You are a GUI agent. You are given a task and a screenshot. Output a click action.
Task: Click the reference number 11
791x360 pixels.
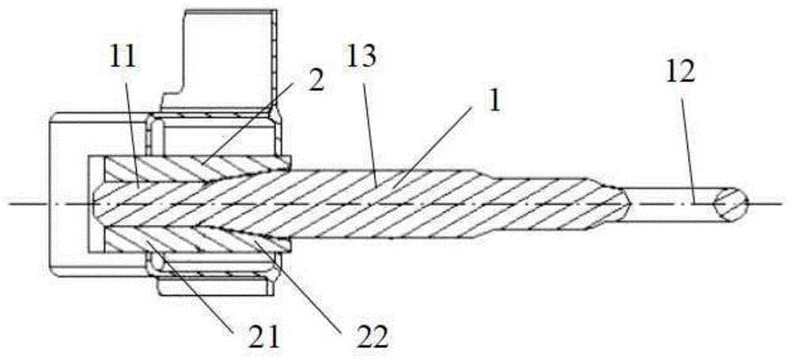tap(123, 59)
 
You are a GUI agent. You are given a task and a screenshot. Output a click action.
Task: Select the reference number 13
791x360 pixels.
tap(361, 59)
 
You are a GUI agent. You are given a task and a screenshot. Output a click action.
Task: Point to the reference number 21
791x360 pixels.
tap(264, 338)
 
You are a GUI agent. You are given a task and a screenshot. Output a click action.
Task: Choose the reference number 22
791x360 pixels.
tap(373, 338)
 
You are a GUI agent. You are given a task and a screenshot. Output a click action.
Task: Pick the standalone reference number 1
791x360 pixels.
tap(495, 101)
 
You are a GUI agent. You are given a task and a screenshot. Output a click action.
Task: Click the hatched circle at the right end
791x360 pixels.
tap(729, 204)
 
